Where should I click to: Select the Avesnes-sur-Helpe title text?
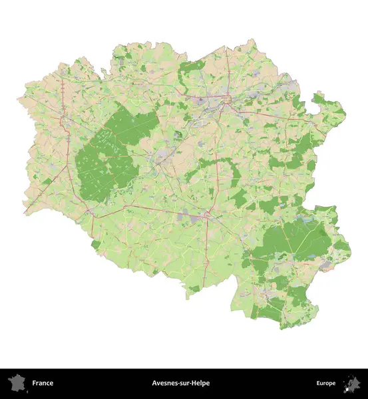pos(180,383)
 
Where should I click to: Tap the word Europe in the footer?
pos(326,383)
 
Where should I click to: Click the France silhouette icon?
pos(15,383)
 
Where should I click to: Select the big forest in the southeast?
pos(293,239)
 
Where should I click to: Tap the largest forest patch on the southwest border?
pos(96,245)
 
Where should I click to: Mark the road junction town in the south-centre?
pos(207,215)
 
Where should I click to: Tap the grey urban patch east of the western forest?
pos(162,157)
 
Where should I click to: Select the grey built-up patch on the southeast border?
pos(327,264)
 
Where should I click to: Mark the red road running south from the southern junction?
pos(204,253)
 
